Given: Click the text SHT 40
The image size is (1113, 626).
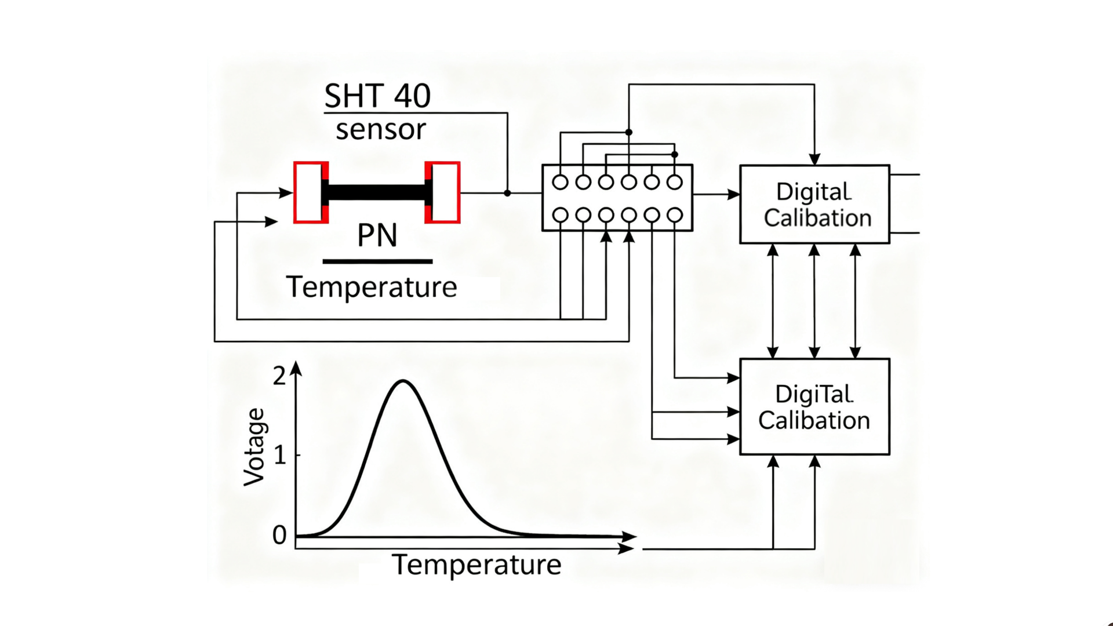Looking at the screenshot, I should coord(377,96).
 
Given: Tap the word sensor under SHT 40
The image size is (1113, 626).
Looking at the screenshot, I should coord(381,129).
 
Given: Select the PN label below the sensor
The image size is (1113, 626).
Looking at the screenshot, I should coord(377,235).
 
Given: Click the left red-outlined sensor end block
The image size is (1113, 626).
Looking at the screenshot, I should coord(310,192).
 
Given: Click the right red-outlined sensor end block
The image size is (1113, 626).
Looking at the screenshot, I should coord(443,192).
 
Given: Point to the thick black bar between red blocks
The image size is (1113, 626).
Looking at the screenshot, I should coord(377,192).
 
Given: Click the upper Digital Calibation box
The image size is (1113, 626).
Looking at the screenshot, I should coord(814,204).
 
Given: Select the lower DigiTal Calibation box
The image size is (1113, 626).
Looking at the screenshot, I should coord(814,406).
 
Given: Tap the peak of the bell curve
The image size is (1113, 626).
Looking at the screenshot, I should coord(403,381).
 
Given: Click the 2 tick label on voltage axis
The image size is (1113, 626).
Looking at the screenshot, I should coord(279,377).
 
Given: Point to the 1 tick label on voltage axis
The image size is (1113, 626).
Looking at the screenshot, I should coord(280,456).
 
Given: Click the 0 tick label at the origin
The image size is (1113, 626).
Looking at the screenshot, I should coord(279,536).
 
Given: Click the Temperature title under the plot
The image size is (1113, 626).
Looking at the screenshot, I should coord(477,565).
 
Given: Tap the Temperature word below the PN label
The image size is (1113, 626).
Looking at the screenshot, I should coord(372,287).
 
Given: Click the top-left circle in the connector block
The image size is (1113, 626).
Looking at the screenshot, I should coord(560,182).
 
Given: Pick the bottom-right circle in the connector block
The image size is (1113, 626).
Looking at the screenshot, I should coord(675,215).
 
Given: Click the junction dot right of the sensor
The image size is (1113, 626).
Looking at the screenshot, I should coord(507,193).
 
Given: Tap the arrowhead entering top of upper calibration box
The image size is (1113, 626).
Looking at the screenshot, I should coord(814,159).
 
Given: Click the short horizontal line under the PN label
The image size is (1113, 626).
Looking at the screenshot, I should coord(377,261).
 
